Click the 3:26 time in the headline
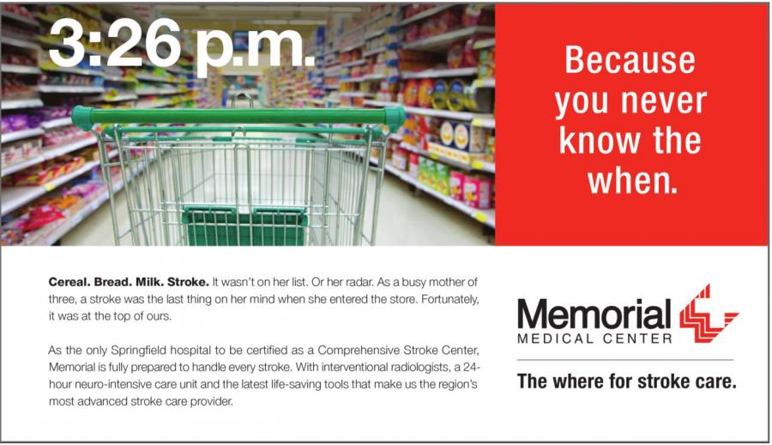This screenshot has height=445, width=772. (115, 44)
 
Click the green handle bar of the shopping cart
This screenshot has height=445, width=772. (238, 117)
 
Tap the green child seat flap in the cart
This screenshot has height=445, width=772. (244, 225)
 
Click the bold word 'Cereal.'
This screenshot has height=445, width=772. (69, 282)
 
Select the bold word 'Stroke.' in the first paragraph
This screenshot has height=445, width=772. (189, 282)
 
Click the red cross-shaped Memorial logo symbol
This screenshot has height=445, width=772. (708, 314)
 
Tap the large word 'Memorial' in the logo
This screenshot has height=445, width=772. (594, 314)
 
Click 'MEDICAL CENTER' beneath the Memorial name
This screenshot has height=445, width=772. (594, 339)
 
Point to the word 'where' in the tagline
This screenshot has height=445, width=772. (578, 381)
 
